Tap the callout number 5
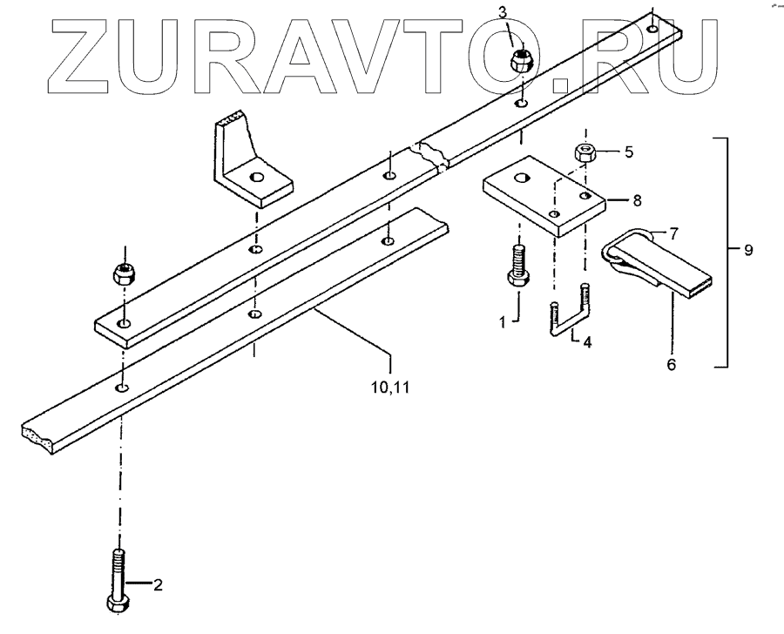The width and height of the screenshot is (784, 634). click(627, 151)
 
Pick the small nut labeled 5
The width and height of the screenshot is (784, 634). click(583, 153)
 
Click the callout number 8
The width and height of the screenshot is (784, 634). click(638, 199)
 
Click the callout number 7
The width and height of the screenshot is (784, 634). click(671, 233)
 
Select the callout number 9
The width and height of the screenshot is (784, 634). click(747, 251)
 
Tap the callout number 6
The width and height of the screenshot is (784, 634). click(671, 364)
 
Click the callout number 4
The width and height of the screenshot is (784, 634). click(587, 342)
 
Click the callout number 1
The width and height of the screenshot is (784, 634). click(502, 322)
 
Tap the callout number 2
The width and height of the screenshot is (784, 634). click(158, 585)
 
